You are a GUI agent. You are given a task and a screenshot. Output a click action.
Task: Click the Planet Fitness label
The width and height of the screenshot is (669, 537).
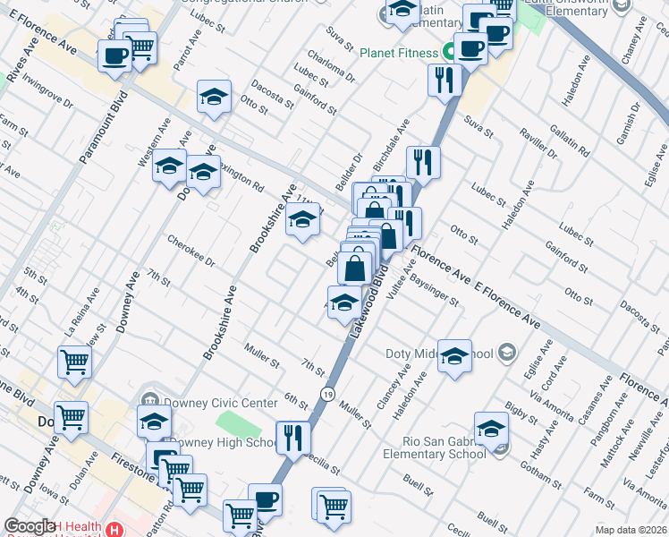tap(398, 52)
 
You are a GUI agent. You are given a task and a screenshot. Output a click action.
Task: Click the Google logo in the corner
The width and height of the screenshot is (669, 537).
tap(30, 526)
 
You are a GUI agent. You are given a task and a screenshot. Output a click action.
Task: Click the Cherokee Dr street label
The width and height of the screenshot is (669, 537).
tap(191, 251)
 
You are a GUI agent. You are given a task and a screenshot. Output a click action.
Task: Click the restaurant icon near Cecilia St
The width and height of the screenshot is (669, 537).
tap(292, 438)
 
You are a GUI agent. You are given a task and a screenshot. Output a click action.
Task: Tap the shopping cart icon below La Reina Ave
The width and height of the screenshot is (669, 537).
tap(74, 362)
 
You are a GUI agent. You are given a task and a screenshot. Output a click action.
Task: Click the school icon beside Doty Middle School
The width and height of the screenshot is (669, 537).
tap(454, 356)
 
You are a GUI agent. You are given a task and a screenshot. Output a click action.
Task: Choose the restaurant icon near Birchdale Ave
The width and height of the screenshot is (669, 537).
tap(422, 163)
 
